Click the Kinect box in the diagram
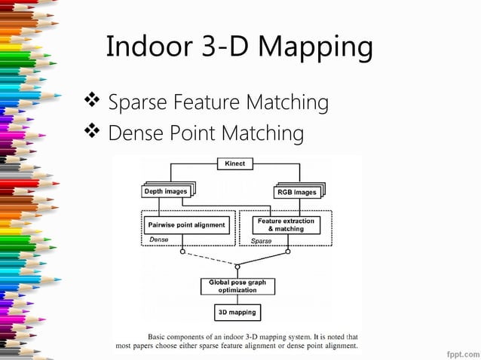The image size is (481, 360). point(234,163)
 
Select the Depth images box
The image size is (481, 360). point(166,192)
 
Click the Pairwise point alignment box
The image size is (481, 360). point(185,224)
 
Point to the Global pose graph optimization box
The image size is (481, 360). point(237,286)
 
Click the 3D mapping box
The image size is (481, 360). point(237,312)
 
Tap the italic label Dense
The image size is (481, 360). point(158,239)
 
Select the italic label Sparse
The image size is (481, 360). point(260,240)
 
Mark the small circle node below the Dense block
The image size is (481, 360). point(182,252)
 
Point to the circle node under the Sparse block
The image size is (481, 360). point(290,252)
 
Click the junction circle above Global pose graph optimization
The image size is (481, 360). point(237,266)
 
